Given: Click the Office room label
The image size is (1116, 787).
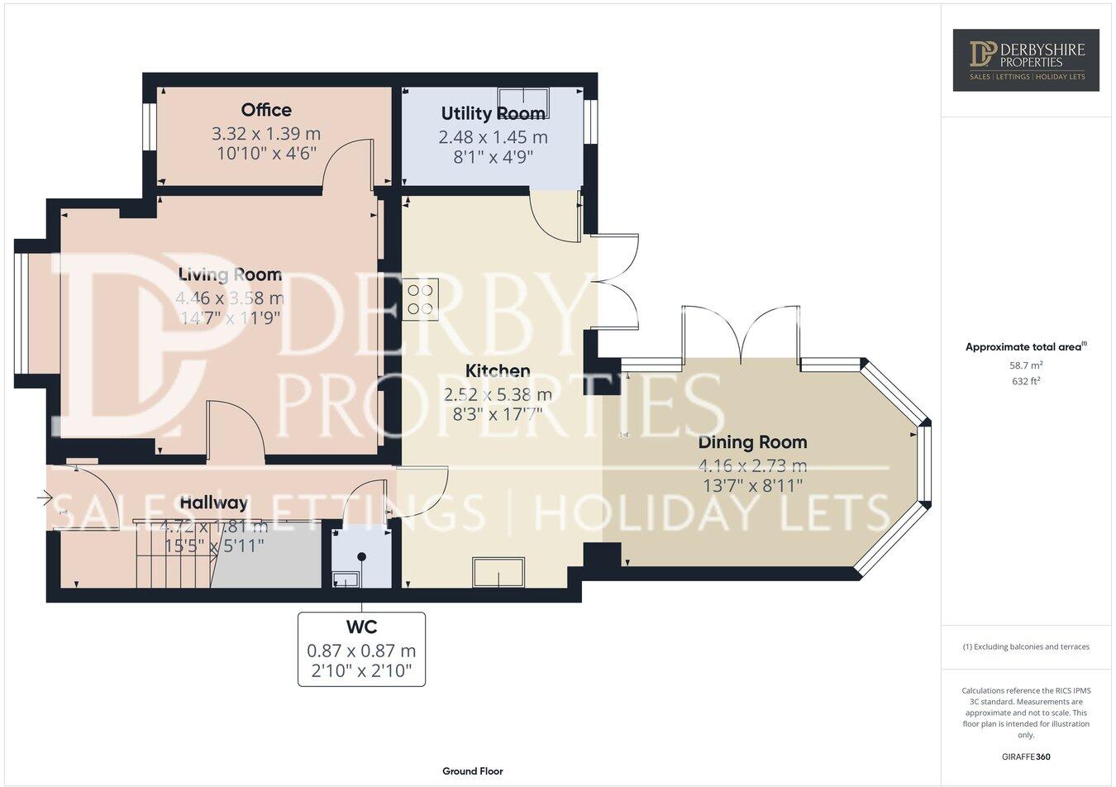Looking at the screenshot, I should pos(266,110).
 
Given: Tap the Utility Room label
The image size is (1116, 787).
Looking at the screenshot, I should pos(493,113).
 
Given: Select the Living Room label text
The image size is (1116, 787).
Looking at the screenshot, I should pos(231,274).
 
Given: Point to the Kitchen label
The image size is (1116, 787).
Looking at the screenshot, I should pos(498,370).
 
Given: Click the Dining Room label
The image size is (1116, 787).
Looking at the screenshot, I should pos(752,442).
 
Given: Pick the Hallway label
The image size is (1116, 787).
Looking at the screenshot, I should pos(213,503).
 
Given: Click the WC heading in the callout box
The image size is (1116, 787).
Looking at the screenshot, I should pos(361,627).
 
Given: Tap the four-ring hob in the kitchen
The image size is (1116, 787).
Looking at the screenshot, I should pos(421,299).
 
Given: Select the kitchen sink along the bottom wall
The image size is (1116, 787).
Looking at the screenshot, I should pos(498,572).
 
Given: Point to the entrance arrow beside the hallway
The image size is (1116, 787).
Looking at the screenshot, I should pos(45,498).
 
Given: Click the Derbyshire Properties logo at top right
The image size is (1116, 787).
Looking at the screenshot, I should pos(1026,60).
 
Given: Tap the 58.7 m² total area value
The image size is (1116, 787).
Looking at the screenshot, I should pos(1026,365).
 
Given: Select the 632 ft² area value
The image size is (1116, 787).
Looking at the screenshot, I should pos(1026,381).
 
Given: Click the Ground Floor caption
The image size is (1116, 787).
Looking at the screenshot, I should pos(472,771).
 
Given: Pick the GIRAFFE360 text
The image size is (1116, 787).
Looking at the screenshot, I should pos(1026,756).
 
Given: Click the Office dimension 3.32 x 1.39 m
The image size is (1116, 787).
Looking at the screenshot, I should pos(266,133).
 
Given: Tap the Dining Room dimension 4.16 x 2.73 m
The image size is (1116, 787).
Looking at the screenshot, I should pos(752,465).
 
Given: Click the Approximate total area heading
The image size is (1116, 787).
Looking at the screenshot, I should pos(1026,347).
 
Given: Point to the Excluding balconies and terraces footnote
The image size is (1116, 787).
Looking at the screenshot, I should pos(1026,646).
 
